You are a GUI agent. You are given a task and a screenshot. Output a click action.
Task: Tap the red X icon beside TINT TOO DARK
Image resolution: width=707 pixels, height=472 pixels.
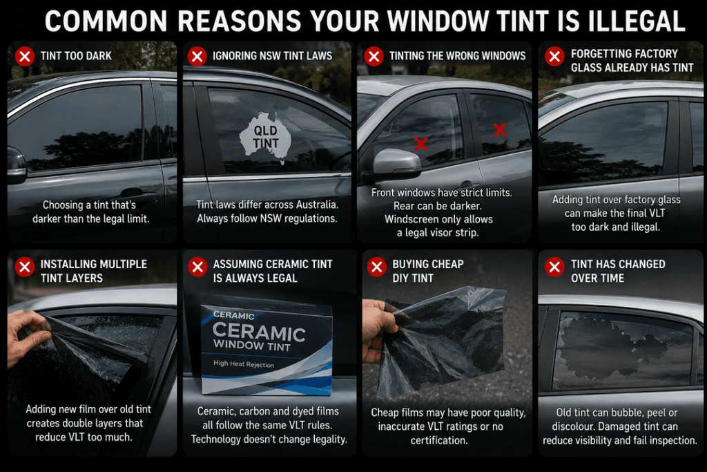(x=25, y=57)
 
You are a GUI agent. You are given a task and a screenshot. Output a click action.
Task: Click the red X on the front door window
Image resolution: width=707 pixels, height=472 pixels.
(x=420, y=144)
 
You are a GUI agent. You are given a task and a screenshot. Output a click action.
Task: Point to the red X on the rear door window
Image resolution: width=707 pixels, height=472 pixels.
(x=500, y=130)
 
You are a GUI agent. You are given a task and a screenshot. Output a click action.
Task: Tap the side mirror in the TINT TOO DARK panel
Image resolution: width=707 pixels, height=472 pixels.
(x=17, y=165)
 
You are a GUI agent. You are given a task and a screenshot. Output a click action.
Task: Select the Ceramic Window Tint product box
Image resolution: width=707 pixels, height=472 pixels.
(x=267, y=346)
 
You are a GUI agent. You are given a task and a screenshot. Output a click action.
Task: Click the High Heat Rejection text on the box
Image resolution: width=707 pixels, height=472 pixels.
(x=244, y=364)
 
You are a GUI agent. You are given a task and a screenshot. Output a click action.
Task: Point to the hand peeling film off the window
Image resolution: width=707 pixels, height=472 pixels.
(x=27, y=336)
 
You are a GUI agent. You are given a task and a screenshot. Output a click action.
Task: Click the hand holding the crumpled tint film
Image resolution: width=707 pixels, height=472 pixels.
(x=379, y=330)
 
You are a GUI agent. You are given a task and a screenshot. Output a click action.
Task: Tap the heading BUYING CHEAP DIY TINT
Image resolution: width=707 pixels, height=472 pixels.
(x=428, y=271)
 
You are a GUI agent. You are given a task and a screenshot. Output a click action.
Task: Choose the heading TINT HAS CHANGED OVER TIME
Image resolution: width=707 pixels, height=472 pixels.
(x=618, y=271)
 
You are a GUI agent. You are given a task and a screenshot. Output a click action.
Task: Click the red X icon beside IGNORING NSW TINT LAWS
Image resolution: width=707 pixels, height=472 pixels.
(x=197, y=57)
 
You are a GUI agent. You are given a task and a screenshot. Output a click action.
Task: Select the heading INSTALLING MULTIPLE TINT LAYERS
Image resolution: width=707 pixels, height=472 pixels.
(x=94, y=271)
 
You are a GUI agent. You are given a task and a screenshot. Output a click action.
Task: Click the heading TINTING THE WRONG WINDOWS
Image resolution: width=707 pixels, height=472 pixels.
(x=458, y=56)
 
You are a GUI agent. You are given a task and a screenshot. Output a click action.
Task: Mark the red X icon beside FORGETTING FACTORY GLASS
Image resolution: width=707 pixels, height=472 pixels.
(x=554, y=57)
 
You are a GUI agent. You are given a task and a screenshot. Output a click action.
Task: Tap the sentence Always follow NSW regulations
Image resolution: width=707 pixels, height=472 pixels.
(x=267, y=218)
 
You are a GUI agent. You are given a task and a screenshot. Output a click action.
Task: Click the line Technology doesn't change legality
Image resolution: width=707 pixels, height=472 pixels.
(x=269, y=439)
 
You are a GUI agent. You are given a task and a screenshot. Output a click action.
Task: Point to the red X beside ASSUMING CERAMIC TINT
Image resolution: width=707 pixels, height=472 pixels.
(x=197, y=267)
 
